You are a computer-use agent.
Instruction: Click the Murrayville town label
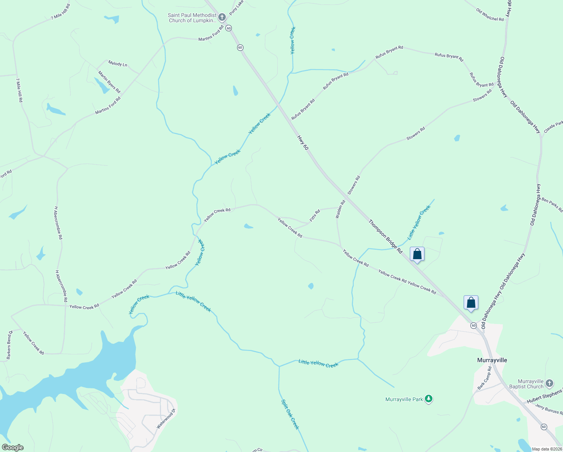[492, 360]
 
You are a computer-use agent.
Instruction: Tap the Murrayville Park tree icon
[428, 399]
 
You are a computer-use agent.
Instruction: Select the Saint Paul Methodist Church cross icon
[222, 17]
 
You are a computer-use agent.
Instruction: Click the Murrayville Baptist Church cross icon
[549, 383]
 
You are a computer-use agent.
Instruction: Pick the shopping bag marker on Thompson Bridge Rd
[417, 254]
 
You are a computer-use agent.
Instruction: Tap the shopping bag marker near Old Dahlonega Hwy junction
[471, 302]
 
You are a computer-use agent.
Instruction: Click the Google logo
[12, 447]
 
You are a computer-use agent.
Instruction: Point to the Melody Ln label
[117, 64]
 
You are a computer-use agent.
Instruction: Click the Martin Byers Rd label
[109, 82]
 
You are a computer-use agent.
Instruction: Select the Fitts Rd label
[315, 215]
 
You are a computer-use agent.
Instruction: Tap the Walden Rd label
[340, 209]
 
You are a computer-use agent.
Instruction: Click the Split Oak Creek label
[290, 414]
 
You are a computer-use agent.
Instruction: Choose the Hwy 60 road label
[303, 143]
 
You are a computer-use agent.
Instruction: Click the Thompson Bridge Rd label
[385, 237]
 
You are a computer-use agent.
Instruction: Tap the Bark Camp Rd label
[485, 378]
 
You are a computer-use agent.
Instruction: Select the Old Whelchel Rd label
[490, 15]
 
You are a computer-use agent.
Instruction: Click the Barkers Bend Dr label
[9, 344]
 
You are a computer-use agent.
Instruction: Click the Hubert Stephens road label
[544, 397]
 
